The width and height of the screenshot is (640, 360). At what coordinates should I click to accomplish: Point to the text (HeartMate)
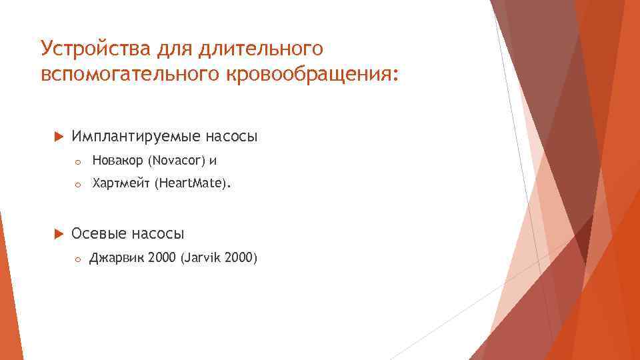193,183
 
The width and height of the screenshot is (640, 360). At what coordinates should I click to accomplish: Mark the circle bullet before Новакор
77,161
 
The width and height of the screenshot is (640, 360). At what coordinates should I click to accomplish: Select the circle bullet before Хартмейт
77,184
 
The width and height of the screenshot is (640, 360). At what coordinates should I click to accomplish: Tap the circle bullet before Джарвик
77,259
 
